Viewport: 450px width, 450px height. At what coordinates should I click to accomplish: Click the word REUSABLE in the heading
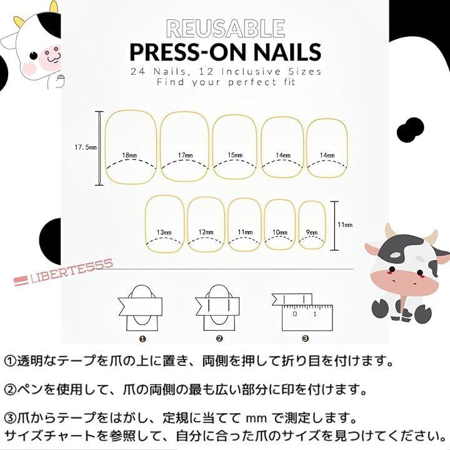point(226,28)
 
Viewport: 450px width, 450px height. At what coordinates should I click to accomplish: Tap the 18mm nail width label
point(130,155)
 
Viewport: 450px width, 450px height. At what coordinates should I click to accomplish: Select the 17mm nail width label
point(186,155)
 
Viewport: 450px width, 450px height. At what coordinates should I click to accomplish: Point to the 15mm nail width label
point(235,155)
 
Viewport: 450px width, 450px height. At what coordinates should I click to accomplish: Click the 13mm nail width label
point(164,232)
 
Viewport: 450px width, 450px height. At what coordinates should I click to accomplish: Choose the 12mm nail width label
point(206,232)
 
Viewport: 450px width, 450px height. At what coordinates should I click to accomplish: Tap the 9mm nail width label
point(312,232)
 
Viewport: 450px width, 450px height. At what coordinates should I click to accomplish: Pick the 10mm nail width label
point(280,232)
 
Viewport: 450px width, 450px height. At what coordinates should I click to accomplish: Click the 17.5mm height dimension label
point(86,147)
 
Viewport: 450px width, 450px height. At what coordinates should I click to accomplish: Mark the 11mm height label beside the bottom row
point(345,225)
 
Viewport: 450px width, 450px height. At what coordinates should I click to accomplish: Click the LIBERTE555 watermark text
point(63,272)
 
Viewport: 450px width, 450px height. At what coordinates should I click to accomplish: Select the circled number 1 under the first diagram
point(142,339)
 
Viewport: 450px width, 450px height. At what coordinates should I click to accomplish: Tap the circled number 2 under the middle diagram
point(219,339)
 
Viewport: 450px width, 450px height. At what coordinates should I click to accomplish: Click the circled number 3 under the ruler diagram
point(306,339)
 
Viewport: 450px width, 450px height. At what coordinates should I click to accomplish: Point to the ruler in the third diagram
point(307,318)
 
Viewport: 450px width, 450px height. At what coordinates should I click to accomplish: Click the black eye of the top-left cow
point(34,56)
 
